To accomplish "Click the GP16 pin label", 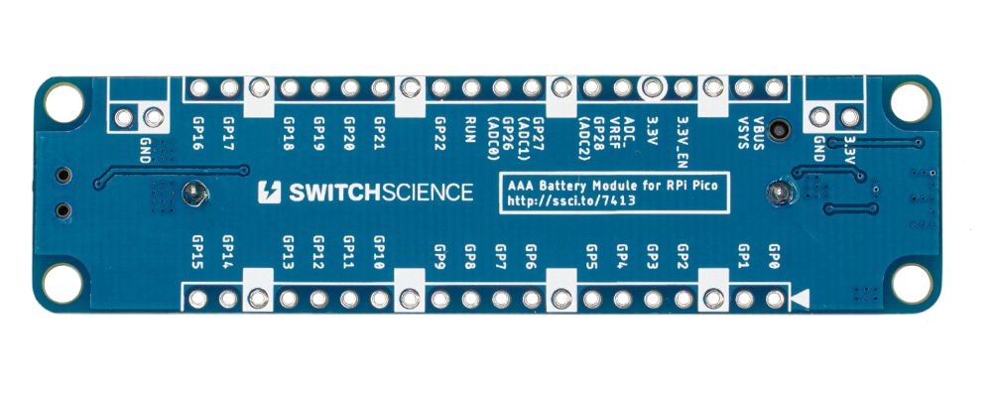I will (x=197, y=132).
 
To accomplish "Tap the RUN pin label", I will (x=471, y=128).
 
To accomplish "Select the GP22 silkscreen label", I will (x=440, y=132).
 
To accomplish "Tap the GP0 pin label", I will (x=773, y=257).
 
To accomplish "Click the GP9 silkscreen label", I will (x=439, y=255).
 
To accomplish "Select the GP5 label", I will (x=591, y=255).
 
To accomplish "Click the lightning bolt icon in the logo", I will (x=267, y=192).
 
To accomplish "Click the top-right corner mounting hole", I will (x=910, y=100).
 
